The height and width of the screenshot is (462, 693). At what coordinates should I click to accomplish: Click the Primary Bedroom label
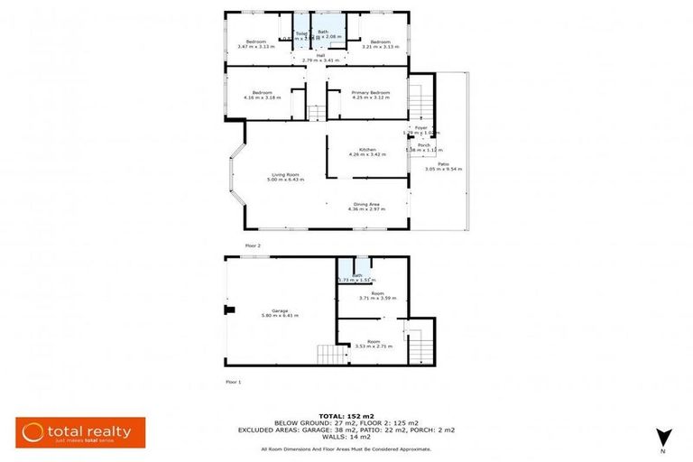(371, 92)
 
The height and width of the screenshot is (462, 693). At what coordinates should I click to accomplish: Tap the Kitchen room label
(367, 149)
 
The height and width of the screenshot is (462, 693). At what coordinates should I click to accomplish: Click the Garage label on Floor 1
(280, 310)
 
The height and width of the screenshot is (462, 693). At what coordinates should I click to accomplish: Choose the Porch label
(422, 144)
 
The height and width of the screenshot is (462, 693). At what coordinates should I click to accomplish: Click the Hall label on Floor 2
(320, 55)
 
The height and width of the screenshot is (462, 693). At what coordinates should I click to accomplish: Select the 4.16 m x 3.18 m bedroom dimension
(262, 97)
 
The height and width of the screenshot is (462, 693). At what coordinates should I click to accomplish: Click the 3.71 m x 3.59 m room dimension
(377, 298)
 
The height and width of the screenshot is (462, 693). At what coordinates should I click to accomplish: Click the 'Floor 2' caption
(253, 245)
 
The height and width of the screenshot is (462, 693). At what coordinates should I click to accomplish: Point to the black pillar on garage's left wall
(230, 311)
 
